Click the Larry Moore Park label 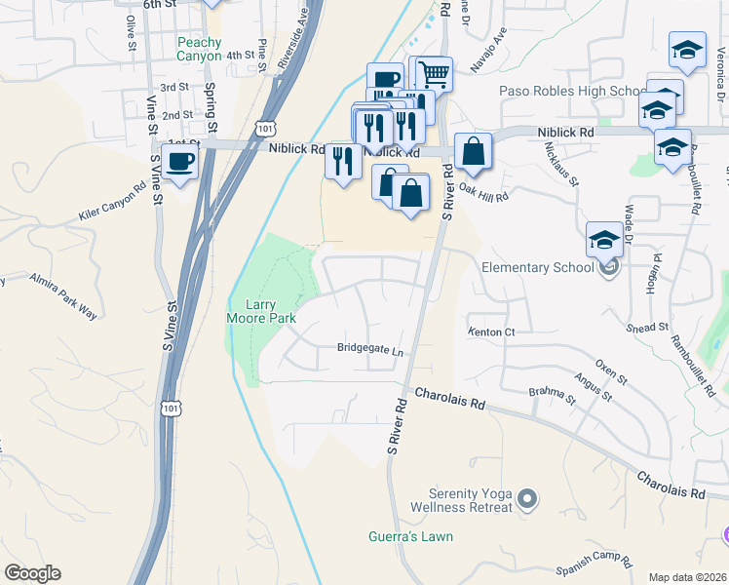point(260,310)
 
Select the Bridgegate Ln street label point(370,348)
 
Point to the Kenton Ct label point(491,332)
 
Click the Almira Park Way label point(63,295)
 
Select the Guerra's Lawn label point(410,536)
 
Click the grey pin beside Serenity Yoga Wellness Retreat point(527,500)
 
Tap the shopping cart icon point(434,72)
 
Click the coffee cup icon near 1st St point(180,162)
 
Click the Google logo point(32,573)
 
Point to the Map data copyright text point(687,577)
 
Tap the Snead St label point(648,328)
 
